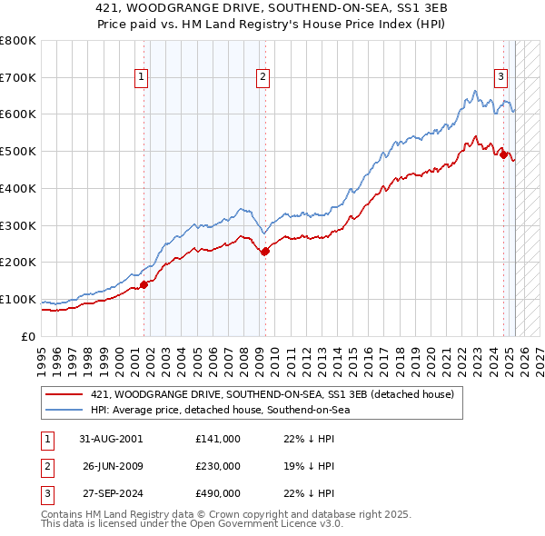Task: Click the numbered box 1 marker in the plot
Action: coord(143,78)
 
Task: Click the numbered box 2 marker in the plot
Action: coord(262,78)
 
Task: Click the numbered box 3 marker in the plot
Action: coord(500,78)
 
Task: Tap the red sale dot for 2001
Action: coord(144,284)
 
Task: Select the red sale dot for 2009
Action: coord(265,252)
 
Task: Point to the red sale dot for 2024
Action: coord(504,154)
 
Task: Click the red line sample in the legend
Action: coord(64,394)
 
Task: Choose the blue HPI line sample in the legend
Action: coord(64,410)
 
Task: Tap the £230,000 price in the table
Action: coord(218,466)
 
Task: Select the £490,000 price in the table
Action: coord(218,494)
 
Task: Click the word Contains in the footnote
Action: coord(63,514)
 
